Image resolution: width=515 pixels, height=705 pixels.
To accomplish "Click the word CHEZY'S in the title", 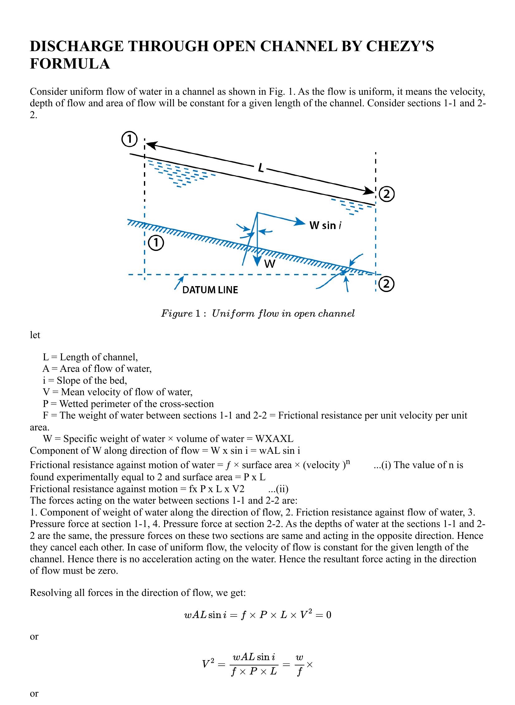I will tap(400, 46).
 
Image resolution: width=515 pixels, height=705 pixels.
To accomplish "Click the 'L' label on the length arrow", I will tap(261, 168).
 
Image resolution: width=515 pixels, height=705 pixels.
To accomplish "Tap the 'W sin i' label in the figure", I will tap(325, 225).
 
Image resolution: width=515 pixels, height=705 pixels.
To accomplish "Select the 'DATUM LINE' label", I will tap(210, 290).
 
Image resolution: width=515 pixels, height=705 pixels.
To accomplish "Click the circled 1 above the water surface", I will tap(129, 139).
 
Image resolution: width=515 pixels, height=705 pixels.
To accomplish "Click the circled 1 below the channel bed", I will tap(155, 243).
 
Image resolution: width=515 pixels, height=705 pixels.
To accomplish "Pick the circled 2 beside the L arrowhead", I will tap(387, 194).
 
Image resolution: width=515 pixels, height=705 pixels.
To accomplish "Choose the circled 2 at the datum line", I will tap(387, 284).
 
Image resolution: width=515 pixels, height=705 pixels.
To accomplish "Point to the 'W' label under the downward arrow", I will tap(270, 264).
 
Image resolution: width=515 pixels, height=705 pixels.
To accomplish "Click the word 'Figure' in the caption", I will tap(176, 313).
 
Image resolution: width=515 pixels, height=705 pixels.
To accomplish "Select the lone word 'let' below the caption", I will tap(35, 335).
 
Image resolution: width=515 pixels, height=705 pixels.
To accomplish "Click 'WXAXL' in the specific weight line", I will tap(274, 439).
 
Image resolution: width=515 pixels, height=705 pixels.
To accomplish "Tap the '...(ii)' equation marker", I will tap(278, 489).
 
